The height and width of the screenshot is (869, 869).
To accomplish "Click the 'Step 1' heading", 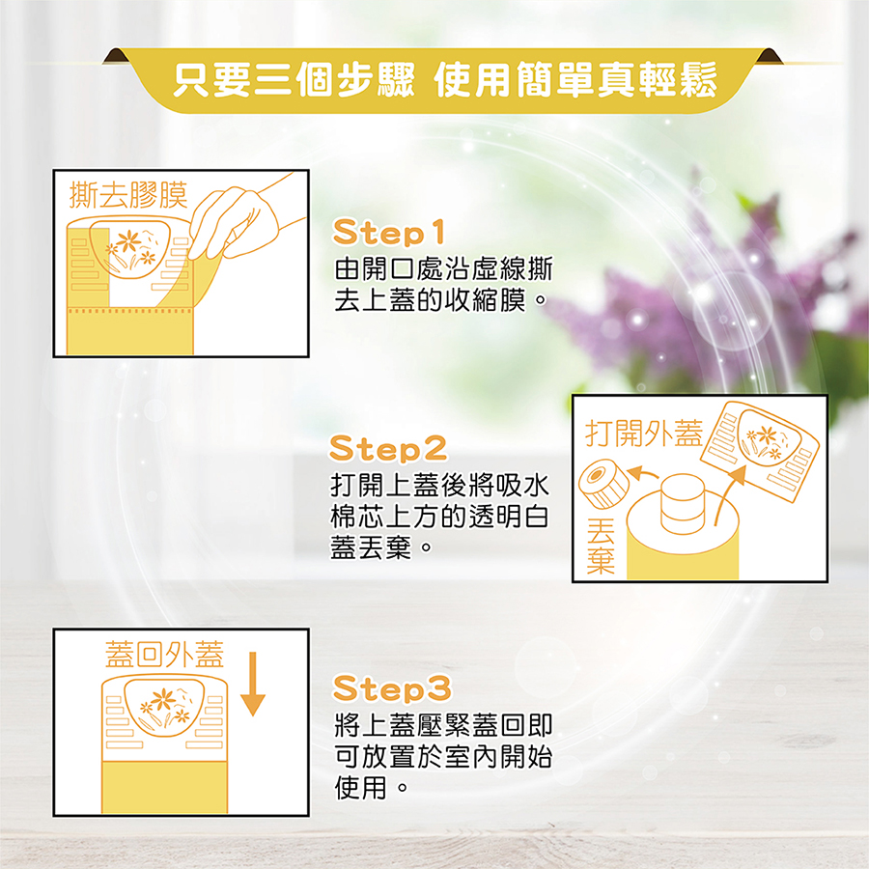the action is pos(388,232).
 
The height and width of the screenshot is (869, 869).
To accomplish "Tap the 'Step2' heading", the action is pos(388,448).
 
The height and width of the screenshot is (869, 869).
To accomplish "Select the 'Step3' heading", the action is pos(392,688).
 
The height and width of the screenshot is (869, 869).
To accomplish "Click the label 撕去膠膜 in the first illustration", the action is pos(128,195).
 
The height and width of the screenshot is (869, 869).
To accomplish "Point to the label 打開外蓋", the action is pos(644,434).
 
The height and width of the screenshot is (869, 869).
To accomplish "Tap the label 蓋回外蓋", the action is pos(164,655).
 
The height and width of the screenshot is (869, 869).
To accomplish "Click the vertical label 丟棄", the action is pos(601,547).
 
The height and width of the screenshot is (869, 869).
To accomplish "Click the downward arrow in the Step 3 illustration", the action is pos(253,684).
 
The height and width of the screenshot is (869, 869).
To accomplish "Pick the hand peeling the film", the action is pos(244,219).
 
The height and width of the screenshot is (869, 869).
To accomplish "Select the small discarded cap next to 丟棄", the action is pos(603,485).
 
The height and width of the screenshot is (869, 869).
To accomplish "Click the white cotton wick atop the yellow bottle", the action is pos(683,503).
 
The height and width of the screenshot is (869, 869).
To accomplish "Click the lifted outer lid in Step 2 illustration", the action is pos(759,451).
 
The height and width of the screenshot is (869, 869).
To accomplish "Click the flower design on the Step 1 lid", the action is pos(132,250).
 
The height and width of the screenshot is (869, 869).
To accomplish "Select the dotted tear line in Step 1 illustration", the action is pos(129,311).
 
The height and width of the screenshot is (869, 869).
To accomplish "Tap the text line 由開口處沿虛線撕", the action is pos(444,268).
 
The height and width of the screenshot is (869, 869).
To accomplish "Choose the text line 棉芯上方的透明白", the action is pos(439,517).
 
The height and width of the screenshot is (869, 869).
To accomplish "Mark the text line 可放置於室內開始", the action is pos(443,756).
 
